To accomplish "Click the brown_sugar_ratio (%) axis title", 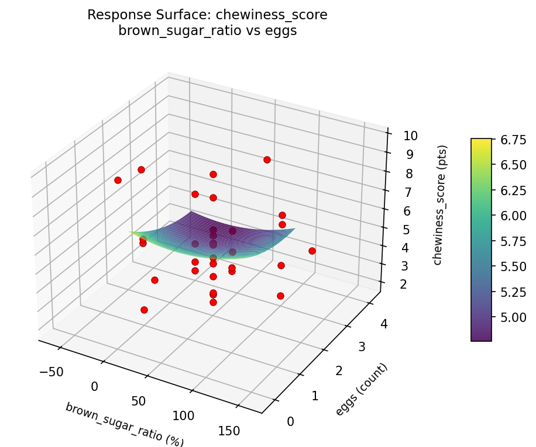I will pos(124,424).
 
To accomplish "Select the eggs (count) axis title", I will pos(361,390).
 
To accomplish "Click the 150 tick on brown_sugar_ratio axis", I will pos(229,431).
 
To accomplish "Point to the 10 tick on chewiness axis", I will pos(410,136).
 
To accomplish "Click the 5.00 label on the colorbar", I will pos(513,317).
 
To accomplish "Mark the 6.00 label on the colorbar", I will pos(513,216).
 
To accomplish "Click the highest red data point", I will pos(267,160).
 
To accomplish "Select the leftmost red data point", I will pos(118,180).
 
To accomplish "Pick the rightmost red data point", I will pos(312,251).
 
